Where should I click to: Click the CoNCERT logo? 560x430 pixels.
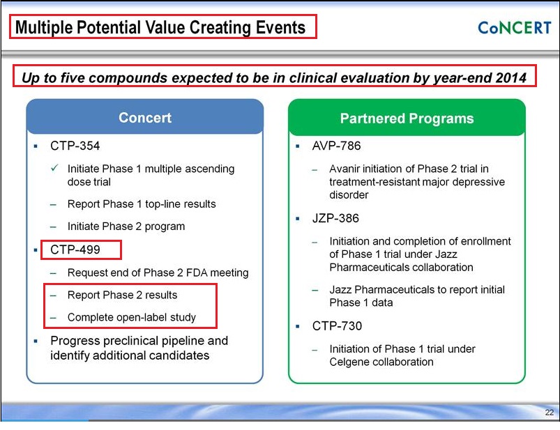point(515,27)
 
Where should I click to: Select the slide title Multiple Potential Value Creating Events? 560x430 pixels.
point(160,27)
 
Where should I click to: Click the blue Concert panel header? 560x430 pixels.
point(145,117)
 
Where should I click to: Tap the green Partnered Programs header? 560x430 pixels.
point(407,118)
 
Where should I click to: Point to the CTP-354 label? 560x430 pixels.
point(75,146)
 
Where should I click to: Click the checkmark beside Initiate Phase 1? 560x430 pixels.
point(54,168)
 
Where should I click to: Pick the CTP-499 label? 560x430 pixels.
point(75,249)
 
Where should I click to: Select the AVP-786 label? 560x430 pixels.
point(336,146)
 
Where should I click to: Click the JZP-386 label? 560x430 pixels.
point(335,218)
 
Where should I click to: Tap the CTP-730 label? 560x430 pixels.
point(337,325)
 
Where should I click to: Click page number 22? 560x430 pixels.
point(550,413)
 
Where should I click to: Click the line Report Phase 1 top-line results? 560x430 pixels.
point(142,204)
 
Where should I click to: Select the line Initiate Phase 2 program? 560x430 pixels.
point(126,226)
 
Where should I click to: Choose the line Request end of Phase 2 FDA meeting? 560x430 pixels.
point(158,272)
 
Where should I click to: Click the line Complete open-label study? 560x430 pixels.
point(132,317)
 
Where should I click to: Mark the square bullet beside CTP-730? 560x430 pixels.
point(298,326)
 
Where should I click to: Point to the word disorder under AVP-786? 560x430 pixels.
point(349,195)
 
